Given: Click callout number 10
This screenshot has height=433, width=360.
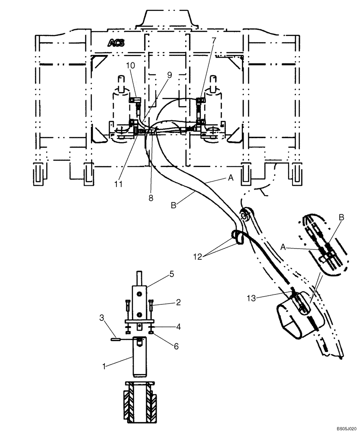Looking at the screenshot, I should tap(130, 65).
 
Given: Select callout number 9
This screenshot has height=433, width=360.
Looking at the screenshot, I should tap(169, 75).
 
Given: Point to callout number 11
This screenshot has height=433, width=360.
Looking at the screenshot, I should tap(119, 184).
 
